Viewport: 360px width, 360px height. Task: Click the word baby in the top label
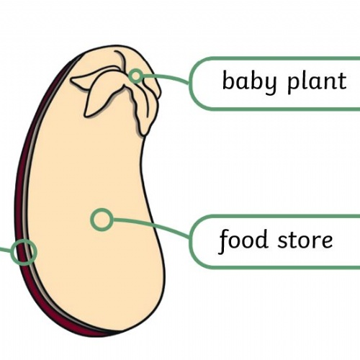pos(250,81)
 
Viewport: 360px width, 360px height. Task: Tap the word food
pos(243,240)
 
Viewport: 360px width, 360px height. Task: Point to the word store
pos(305,240)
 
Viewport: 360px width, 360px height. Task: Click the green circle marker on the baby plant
pos(136,76)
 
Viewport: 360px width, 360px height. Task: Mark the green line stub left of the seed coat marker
pos(6,251)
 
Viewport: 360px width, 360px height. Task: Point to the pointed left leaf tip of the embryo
pos(71,80)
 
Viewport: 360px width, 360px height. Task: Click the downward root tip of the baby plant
pos(144,135)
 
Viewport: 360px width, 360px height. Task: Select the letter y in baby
pos(271,85)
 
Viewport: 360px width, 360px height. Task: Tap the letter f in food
pos(225,241)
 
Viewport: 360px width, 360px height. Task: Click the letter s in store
pos(283,240)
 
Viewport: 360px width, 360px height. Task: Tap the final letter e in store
pos(326,240)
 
